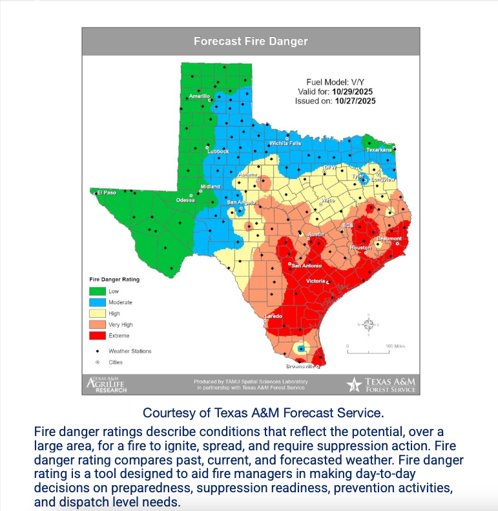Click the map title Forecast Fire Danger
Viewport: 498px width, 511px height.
(x=251, y=41)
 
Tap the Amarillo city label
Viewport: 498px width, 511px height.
(x=200, y=96)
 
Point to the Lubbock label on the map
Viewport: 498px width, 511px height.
(x=218, y=152)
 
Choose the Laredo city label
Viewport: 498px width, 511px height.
(x=273, y=316)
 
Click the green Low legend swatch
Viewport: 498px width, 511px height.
(x=97, y=291)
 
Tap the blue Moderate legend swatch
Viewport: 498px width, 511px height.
(x=97, y=302)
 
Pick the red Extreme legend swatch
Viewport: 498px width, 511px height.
(x=97, y=335)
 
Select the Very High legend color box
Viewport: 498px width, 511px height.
(x=97, y=324)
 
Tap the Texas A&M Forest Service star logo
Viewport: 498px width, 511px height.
(x=354, y=384)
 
